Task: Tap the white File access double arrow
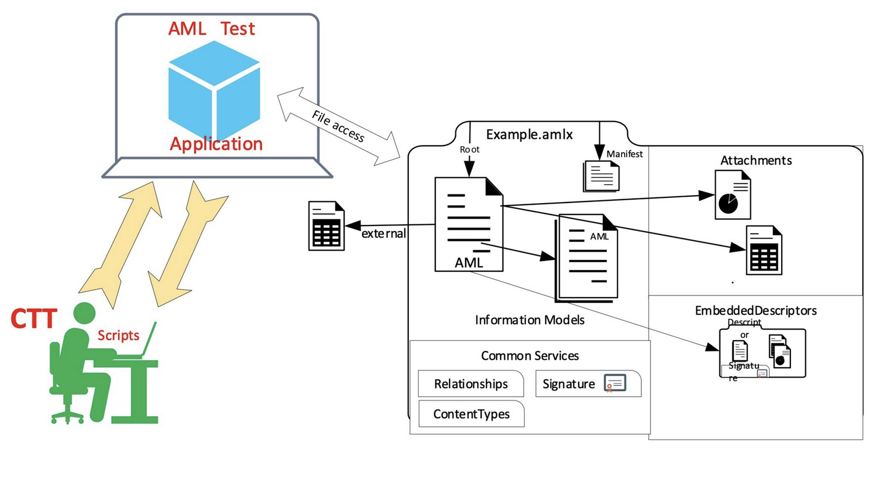point(338,126)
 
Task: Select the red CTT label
point(34,319)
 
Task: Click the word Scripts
point(118,336)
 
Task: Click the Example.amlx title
point(529,135)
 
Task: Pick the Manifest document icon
point(601,176)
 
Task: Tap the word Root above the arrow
point(469,150)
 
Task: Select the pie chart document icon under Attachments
point(732,195)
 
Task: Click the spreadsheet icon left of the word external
point(326,226)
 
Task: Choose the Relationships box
point(470,384)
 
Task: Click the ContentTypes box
point(471,414)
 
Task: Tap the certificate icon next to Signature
point(615,384)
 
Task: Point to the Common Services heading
point(529,356)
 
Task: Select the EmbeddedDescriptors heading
point(755,311)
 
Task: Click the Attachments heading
point(755,161)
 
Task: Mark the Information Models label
point(529,320)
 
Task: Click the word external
point(383,233)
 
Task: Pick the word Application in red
point(216,144)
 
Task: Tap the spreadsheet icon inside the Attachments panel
point(763,251)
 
